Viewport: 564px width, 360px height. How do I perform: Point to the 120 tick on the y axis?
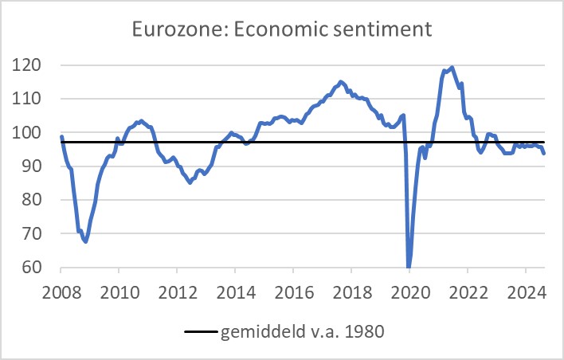[31, 65]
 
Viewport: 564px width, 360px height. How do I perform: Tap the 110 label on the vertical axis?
[31, 99]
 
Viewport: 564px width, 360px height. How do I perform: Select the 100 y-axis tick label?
[31, 133]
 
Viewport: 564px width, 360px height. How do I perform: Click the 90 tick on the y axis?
[35, 166]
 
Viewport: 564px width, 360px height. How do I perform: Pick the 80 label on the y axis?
[35, 201]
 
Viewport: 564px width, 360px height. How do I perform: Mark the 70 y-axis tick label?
[35, 234]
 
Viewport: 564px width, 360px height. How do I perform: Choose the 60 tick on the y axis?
[35, 268]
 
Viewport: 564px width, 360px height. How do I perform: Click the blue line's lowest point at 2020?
[409, 267]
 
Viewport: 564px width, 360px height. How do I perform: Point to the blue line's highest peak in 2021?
[452, 68]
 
